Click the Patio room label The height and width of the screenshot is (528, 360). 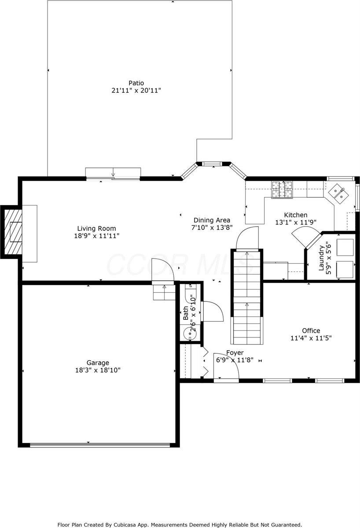tap(136, 83)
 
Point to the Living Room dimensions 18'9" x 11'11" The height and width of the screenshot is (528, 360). tap(97, 236)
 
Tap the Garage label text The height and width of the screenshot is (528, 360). tap(98, 363)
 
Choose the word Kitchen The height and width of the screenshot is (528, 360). tap(295, 215)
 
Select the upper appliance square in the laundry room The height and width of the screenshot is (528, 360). tap(345, 247)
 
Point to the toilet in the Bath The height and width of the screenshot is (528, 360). tap(189, 293)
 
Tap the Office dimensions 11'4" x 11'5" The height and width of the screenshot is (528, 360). tap(311, 338)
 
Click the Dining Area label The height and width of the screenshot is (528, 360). tap(212, 220)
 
